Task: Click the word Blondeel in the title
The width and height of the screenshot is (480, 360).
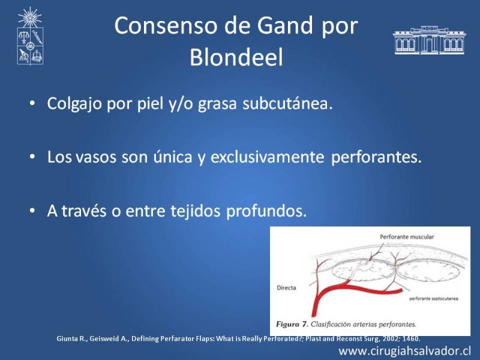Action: click(236, 57)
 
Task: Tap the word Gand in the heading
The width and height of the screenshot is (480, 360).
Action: click(285, 26)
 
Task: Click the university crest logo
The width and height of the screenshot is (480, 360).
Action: click(30, 36)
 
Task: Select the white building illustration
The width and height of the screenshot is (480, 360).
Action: click(429, 40)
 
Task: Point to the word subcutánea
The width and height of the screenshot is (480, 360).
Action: click(287, 103)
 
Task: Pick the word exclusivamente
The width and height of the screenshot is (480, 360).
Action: click(267, 157)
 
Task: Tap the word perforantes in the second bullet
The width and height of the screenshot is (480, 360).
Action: click(377, 157)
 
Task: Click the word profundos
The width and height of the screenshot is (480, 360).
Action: click(266, 211)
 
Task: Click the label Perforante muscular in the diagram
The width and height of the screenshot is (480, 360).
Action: click(407, 236)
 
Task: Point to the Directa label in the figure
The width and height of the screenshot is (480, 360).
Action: click(286, 288)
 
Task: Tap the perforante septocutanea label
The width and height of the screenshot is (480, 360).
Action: click(434, 298)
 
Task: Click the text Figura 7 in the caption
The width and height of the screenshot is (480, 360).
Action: click(292, 324)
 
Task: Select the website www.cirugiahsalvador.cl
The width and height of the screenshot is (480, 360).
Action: click(404, 351)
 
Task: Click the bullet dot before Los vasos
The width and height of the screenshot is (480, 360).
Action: click(32, 157)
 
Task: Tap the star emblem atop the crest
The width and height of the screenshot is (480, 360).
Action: click(29, 17)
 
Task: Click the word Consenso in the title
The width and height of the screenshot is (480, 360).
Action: click(167, 26)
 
